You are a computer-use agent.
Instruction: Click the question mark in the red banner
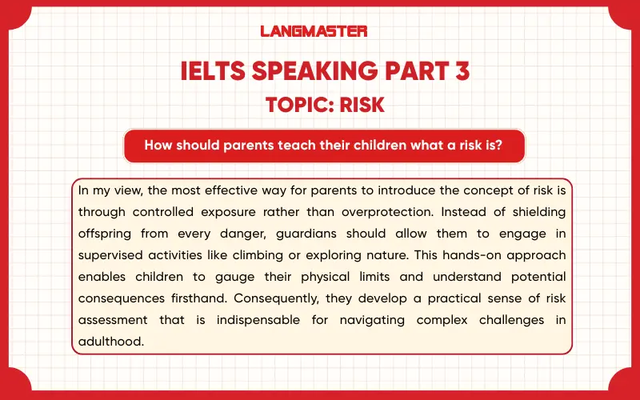coord(498,146)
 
